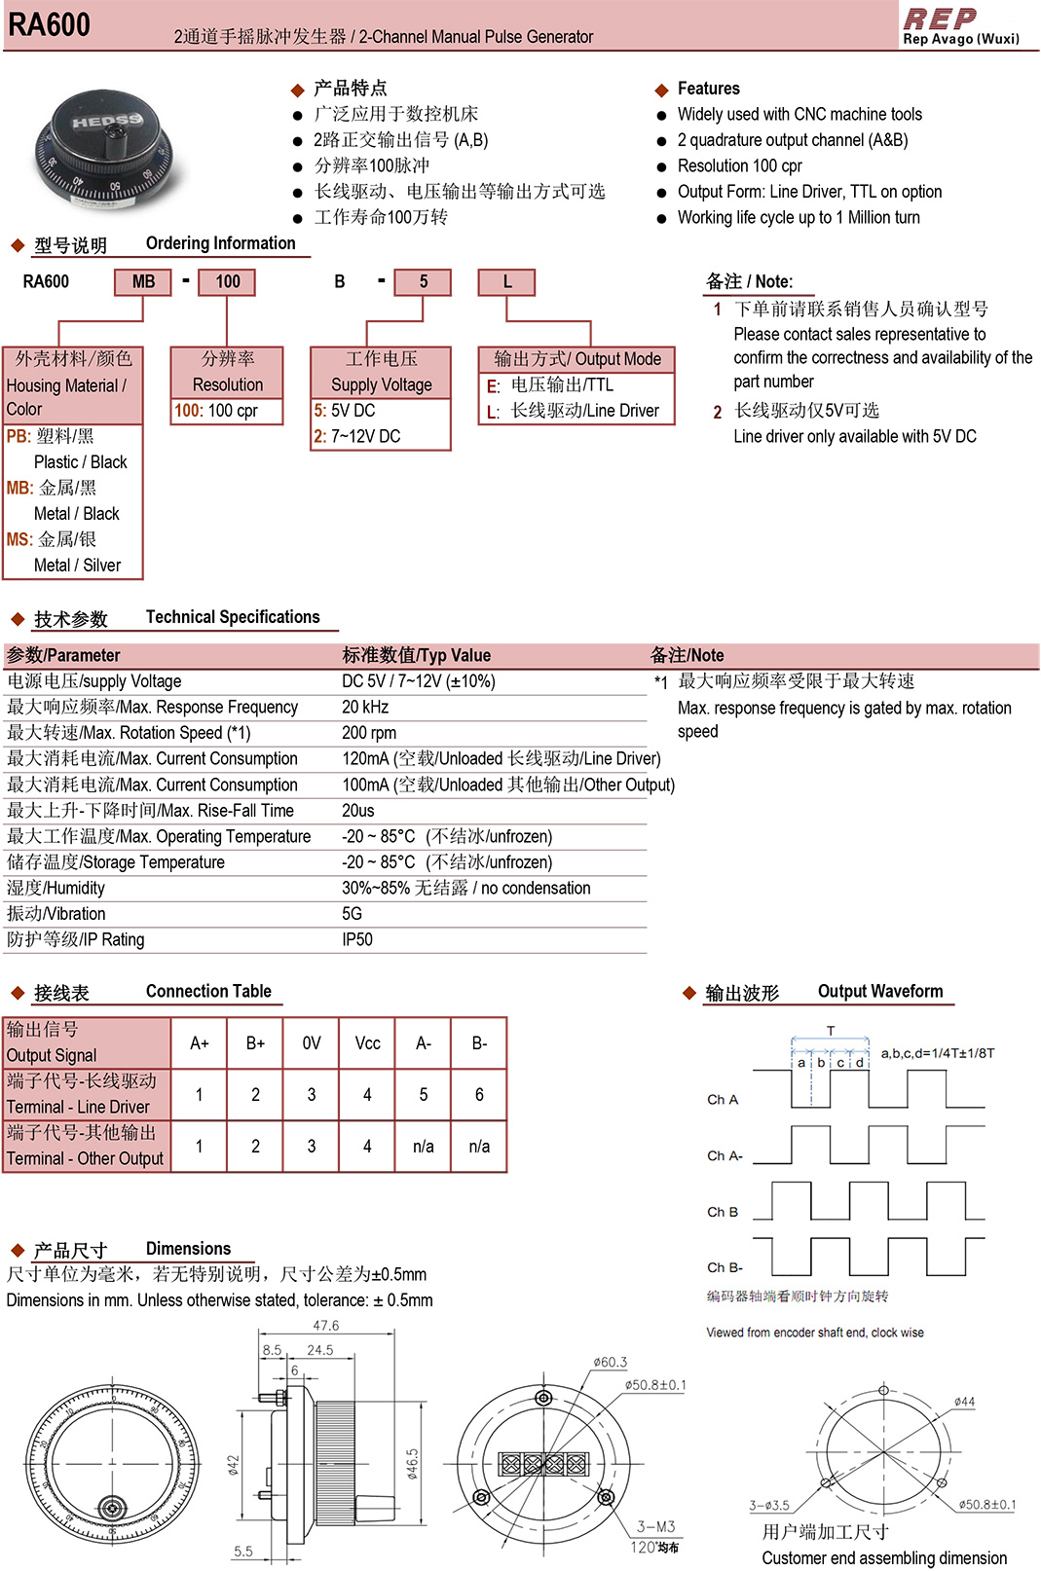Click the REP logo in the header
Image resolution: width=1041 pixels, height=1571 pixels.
click(940, 18)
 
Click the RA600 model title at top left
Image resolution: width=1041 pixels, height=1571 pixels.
click(49, 24)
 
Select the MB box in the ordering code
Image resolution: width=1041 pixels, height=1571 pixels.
click(143, 282)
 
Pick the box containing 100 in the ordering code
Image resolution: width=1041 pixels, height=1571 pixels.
click(227, 282)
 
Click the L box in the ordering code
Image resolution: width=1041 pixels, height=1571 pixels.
click(506, 282)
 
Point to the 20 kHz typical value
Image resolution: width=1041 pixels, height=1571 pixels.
click(365, 708)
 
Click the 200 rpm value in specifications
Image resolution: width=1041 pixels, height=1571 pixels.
click(369, 733)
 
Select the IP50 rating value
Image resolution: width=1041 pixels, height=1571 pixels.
click(357, 939)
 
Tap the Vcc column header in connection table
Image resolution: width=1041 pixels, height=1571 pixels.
click(367, 1043)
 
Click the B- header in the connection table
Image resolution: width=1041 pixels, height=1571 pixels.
click(479, 1043)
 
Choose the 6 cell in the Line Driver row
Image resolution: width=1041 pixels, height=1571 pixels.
click(479, 1095)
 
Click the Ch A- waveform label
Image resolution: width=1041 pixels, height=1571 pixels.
click(725, 1156)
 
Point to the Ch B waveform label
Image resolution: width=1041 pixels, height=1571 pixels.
click(723, 1213)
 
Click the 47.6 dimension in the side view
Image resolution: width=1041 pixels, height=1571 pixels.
click(326, 1326)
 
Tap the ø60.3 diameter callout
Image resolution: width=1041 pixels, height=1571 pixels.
click(611, 1363)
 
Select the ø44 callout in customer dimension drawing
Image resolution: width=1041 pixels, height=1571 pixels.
click(964, 1402)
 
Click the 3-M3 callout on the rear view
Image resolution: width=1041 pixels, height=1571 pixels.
click(656, 1526)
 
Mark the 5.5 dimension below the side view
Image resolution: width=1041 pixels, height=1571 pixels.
click(243, 1552)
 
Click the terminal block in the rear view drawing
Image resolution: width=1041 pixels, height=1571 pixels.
click(543, 1463)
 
